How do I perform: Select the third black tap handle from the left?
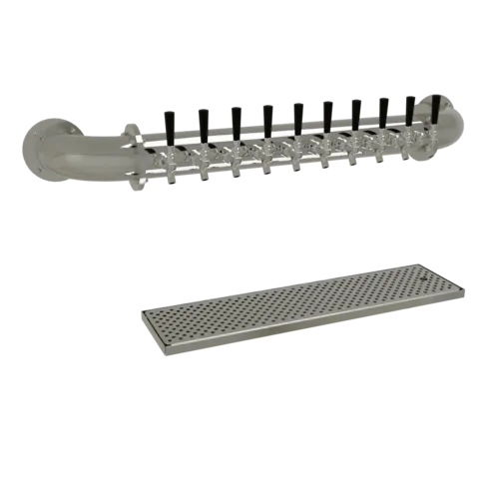click(x=236, y=120)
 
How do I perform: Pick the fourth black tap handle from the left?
click(x=267, y=118)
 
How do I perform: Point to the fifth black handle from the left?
click(x=298, y=117)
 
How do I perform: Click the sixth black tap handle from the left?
click(x=327, y=114)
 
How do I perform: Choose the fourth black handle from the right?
click(x=355, y=112)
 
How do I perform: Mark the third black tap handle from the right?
click(x=382, y=110)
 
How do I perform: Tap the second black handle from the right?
click(x=409, y=108)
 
